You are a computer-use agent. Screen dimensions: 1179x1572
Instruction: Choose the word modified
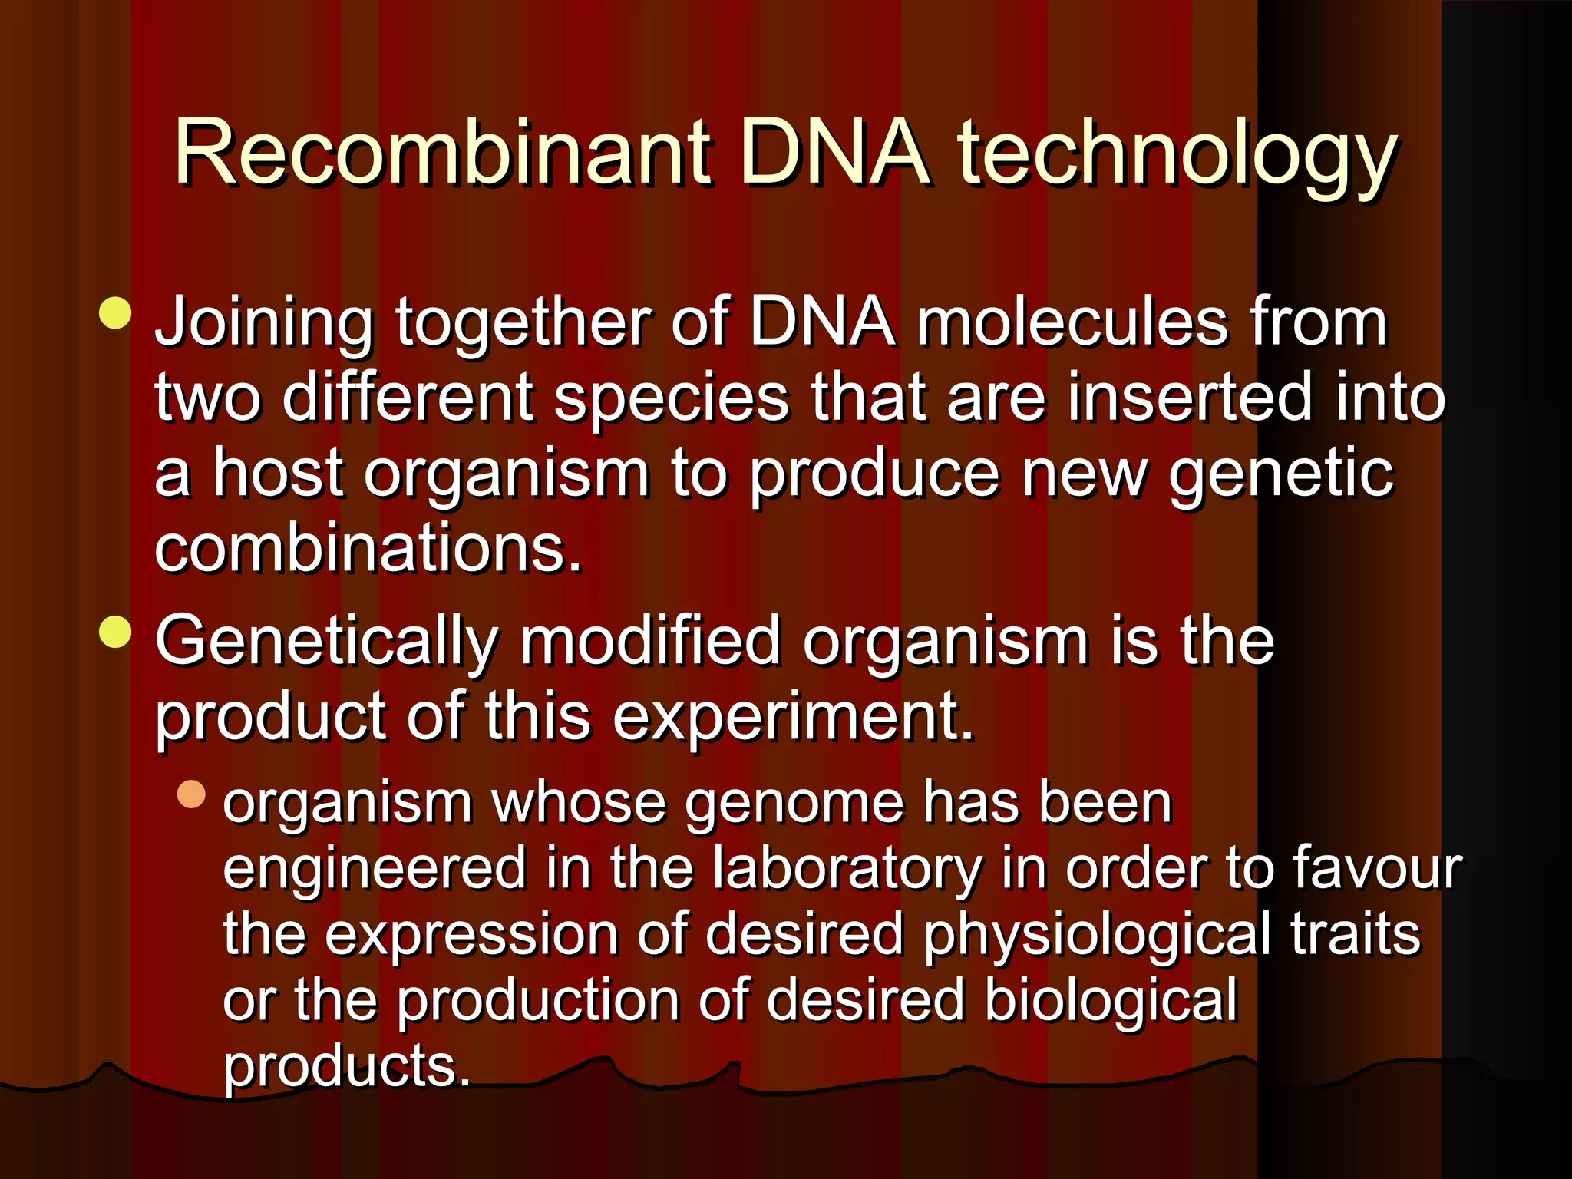click(650, 640)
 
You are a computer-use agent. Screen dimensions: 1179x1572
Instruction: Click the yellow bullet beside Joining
click(115, 313)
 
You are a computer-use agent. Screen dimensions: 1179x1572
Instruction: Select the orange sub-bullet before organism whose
click(191, 794)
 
